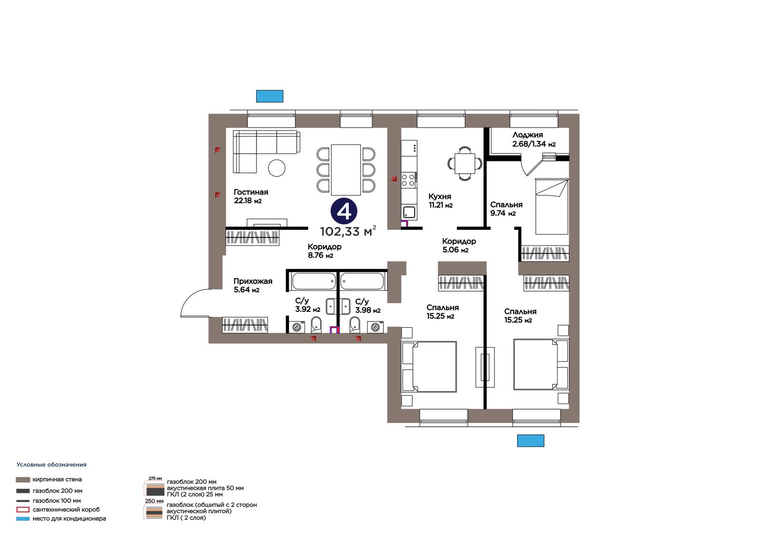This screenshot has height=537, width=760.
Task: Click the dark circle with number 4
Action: click(344, 211)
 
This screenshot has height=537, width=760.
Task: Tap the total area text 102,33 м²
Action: click(348, 231)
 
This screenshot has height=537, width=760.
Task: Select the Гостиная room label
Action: click(251, 192)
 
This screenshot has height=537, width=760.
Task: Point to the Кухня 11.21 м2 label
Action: click(440, 200)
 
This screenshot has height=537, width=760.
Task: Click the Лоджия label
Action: click(528, 135)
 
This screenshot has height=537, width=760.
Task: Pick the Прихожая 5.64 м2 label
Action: click(253, 285)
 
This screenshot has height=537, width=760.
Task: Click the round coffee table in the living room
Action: click(276, 168)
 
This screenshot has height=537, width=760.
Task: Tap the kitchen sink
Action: click(409, 212)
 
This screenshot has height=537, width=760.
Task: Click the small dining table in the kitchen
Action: click(465, 163)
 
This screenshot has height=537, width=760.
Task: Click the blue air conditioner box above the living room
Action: click(269, 96)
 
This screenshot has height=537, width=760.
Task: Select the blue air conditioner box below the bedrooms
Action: click(530, 441)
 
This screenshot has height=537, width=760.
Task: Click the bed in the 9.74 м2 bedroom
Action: click(551, 206)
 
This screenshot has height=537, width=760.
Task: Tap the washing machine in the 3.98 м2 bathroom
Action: click(375, 327)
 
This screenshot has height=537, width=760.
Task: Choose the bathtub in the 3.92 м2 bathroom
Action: click(313, 281)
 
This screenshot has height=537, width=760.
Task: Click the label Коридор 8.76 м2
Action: click(324, 251)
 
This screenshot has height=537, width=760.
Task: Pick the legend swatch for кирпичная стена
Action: click(23, 480)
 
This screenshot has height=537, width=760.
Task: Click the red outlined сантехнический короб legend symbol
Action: click(23, 509)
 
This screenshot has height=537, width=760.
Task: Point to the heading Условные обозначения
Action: click(51, 465)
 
